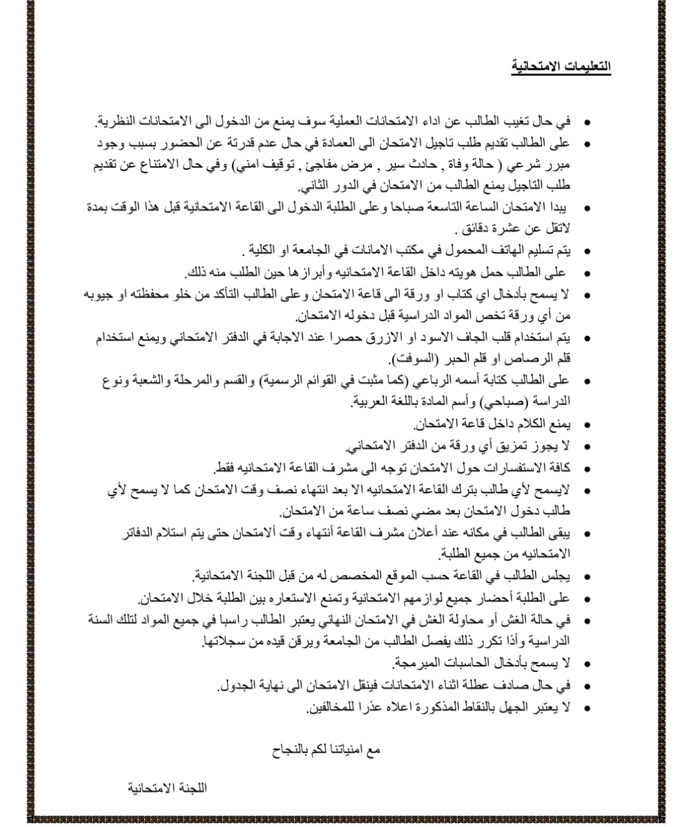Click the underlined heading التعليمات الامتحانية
tap(561, 67)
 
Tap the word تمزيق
tap(516, 446)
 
